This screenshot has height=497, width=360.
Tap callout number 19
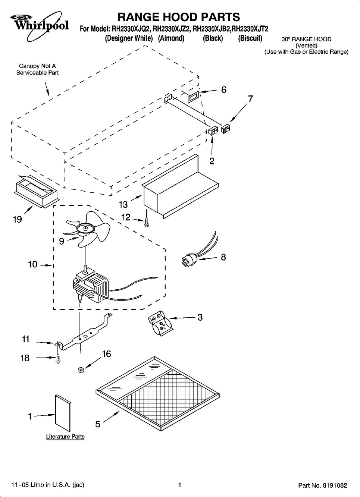[x=17, y=220]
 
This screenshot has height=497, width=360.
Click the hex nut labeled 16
[x=81, y=370]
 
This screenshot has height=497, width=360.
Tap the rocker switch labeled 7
[x=225, y=129]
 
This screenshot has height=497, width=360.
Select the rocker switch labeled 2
[x=213, y=130]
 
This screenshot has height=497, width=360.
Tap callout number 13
[x=123, y=204]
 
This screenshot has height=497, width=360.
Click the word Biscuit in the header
[x=250, y=38]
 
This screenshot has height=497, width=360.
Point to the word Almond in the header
[x=171, y=38]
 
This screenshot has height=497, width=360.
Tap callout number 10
[x=33, y=264]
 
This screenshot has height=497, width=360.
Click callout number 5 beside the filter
[x=98, y=424]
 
